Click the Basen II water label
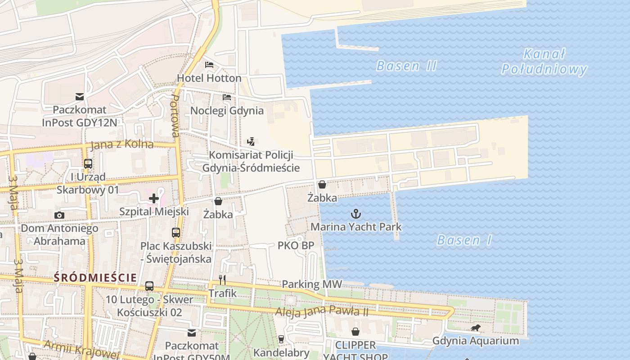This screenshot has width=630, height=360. (406, 66)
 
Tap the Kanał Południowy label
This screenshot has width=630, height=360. (544, 62)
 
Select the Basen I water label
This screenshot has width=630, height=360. (464, 240)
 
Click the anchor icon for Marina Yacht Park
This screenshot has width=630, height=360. (356, 213)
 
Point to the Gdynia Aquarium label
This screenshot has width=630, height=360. (475, 341)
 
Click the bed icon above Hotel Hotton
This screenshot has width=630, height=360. (209, 64)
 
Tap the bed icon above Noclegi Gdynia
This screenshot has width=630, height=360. (227, 97)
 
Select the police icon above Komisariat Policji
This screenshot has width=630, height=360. (251, 142)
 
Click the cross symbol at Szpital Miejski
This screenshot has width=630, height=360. (154, 198)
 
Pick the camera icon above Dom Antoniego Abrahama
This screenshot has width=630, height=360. (59, 216)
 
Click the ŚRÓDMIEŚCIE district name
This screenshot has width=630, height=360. (95, 278)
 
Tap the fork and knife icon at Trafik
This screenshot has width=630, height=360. (222, 280)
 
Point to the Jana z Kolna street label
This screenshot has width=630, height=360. (122, 145)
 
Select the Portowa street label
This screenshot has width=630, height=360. (175, 116)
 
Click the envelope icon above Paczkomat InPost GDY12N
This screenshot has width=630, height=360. (80, 96)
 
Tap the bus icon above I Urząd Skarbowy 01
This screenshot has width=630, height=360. (88, 164)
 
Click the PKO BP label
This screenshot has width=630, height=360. (296, 246)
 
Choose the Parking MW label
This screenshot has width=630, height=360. (312, 284)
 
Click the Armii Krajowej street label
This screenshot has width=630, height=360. (81, 349)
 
